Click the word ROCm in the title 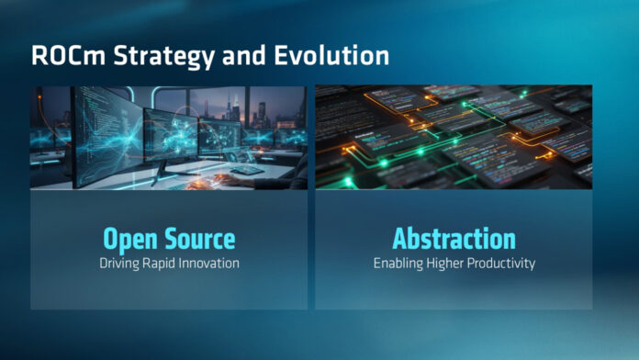(x=69, y=55)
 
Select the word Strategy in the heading (x=163, y=57)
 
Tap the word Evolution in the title (x=331, y=55)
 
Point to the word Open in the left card (x=130, y=240)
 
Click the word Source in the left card (x=200, y=239)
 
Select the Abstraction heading (x=454, y=239)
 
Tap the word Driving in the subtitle (x=119, y=264)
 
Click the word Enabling (x=398, y=264)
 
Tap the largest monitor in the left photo (x=108, y=137)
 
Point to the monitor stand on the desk (x=164, y=172)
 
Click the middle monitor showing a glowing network (x=171, y=134)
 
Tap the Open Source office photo (x=169, y=138)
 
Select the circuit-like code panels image (x=454, y=137)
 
